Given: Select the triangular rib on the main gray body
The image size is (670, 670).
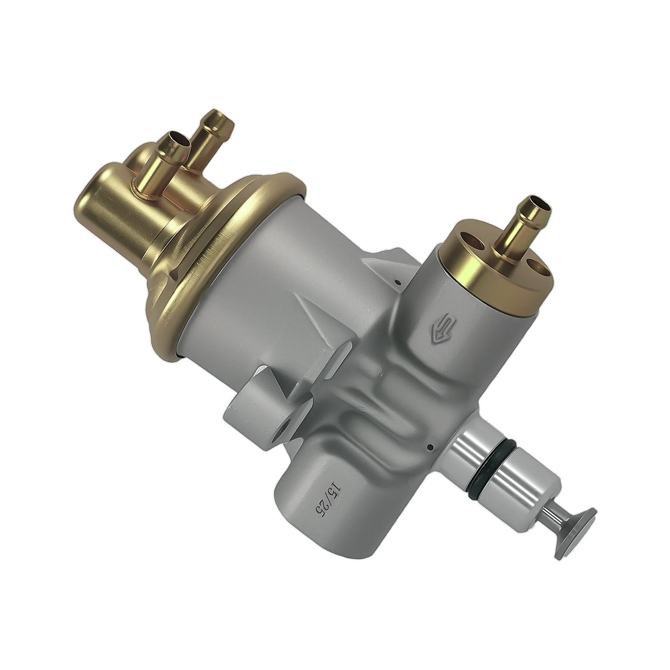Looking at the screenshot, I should point(318,322).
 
